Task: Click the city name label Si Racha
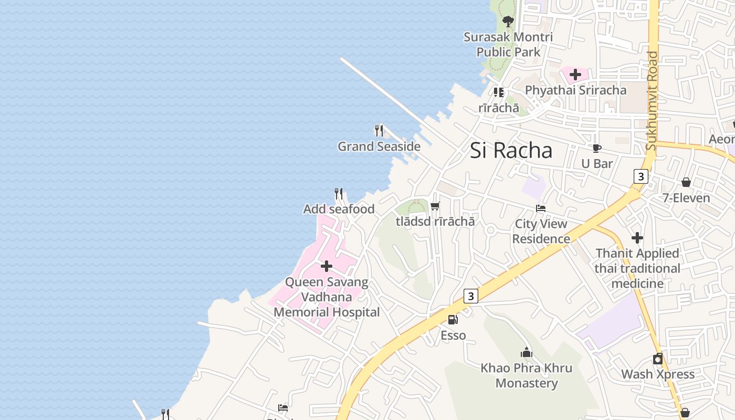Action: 511,151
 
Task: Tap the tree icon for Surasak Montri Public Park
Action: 508,22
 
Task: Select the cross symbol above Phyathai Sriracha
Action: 575,75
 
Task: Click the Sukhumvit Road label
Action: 652,101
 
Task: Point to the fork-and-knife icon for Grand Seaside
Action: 379,130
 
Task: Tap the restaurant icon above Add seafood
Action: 339,194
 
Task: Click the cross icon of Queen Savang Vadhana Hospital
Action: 327,266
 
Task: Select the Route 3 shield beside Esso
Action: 471,297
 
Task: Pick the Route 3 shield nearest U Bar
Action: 640,176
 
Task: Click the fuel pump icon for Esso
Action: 453,319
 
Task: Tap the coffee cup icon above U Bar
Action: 596,149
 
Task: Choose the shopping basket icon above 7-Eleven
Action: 686,182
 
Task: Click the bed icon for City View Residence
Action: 541,208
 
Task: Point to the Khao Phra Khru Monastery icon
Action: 527,352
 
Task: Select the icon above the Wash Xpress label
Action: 658,359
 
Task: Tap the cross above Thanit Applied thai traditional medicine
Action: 637,238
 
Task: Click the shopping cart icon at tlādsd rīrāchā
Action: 435,206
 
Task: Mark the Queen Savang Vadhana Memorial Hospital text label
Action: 327,297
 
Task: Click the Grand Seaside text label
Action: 379,146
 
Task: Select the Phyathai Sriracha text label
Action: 575,90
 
